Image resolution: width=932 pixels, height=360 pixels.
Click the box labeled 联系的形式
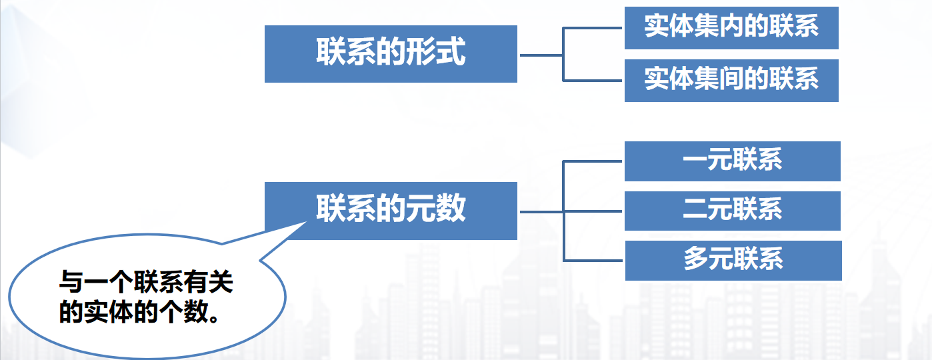point(391,54)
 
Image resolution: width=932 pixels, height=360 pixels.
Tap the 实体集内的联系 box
point(731,27)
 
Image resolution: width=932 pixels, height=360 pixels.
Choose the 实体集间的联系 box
point(731,80)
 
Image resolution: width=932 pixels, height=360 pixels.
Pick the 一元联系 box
point(732,161)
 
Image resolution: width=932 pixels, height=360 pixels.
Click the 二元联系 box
point(732,211)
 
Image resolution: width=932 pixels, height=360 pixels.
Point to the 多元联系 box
point(733,260)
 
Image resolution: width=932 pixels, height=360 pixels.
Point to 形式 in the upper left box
point(440,53)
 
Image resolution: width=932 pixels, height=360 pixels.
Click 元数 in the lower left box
point(440,209)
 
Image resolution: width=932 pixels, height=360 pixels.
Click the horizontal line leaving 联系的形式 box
point(541,55)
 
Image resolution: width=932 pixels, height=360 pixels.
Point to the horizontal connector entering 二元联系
point(593,211)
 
